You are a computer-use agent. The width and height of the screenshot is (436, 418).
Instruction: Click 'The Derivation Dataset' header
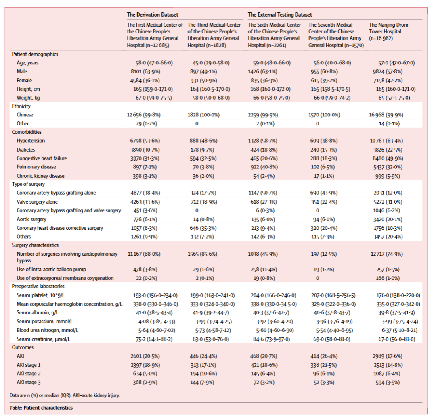[152, 15]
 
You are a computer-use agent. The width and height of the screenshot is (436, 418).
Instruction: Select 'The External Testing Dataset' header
[280, 15]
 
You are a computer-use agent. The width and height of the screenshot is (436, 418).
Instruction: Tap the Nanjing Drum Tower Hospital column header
[388, 31]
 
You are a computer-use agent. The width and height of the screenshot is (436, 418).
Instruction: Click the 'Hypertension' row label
[31, 141]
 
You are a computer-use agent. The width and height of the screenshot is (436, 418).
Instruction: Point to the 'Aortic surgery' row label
[31, 219]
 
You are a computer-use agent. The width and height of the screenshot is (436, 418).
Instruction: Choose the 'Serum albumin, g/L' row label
[37, 312]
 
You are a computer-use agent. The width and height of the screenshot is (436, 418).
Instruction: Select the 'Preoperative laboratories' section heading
[38, 287]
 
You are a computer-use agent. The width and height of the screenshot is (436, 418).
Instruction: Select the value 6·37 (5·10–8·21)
[398, 330]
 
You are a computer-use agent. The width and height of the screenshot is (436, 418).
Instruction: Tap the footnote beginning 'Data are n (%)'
[65, 395]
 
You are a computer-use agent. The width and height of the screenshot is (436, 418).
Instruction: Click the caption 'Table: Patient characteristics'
[41, 408]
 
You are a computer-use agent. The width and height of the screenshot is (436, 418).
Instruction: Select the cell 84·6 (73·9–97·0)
[270, 339]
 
